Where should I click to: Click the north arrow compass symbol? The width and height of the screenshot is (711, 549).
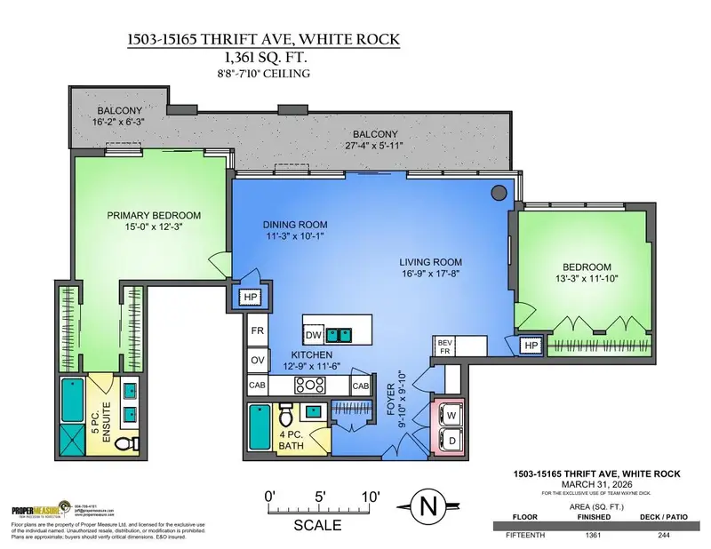coord(429,507)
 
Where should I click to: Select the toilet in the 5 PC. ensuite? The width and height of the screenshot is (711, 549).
coord(124,442)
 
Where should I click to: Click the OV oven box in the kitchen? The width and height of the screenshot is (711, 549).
coord(259,360)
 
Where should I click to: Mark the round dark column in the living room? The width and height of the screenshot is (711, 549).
coord(499,191)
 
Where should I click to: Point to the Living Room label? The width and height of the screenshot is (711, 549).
coord(427,262)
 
